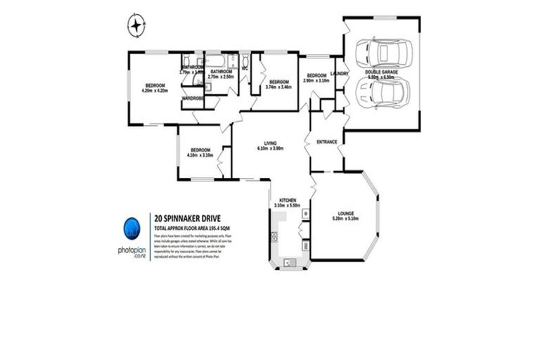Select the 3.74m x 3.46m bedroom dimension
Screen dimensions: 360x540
tap(280, 86)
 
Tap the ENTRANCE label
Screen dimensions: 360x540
tap(327, 142)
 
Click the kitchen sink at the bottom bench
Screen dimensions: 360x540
tap(289, 262)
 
